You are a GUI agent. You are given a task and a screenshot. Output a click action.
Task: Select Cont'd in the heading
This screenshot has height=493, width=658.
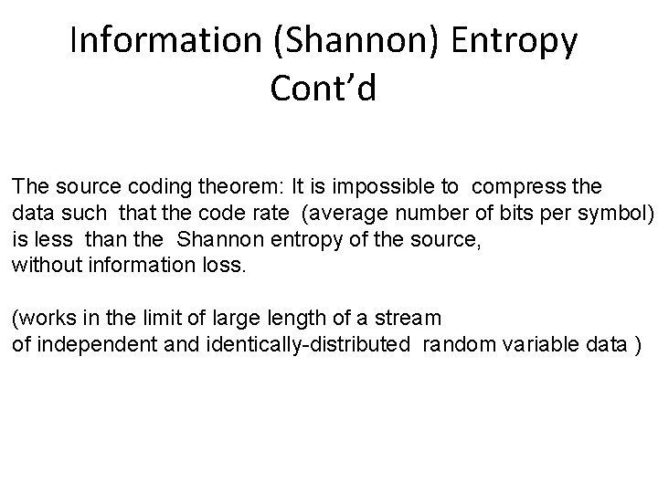[323, 89]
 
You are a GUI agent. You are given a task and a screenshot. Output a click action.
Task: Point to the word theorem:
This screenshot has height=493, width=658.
[229, 187]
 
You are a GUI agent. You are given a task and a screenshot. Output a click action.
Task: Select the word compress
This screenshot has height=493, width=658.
[520, 187]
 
